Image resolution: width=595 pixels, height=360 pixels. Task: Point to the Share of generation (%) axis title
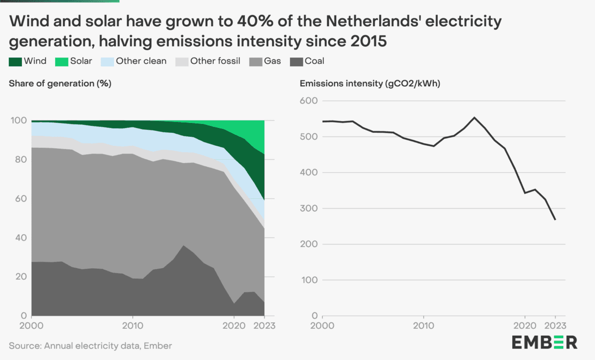click(x=60, y=83)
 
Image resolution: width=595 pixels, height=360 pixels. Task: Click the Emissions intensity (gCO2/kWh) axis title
click(x=370, y=83)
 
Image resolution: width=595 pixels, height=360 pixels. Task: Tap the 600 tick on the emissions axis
click(x=309, y=101)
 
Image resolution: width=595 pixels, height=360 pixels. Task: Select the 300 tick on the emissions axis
click(x=309, y=208)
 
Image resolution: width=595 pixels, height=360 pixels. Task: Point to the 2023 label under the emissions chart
click(x=555, y=326)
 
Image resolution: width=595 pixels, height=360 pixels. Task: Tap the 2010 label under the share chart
click(x=132, y=326)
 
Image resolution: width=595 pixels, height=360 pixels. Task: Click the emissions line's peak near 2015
click(x=474, y=118)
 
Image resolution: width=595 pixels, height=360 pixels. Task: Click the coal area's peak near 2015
click(x=183, y=246)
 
